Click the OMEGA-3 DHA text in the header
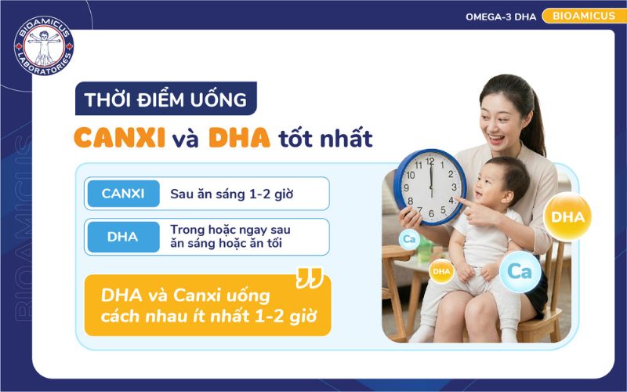pyautogui.click(x=500, y=16)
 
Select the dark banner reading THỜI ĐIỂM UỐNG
pyautogui.click(x=165, y=100)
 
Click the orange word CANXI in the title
pyautogui.click(x=119, y=138)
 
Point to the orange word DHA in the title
pyautogui.click(x=239, y=138)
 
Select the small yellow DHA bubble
pyautogui.click(x=441, y=271)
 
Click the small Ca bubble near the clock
pyautogui.click(x=408, y=238)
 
